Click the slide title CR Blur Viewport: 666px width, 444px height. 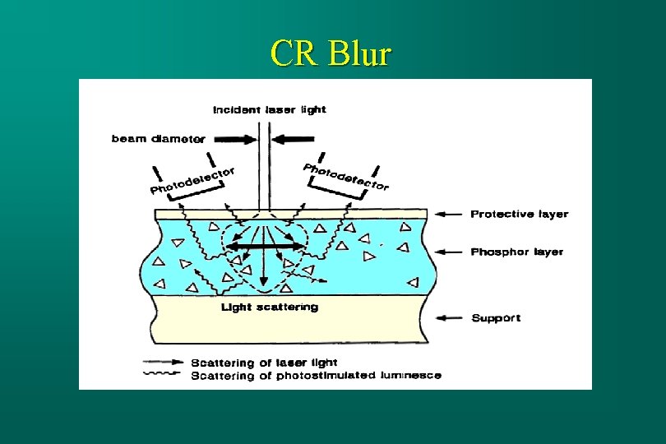click(331, 54)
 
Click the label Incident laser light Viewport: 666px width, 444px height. click(270, 109)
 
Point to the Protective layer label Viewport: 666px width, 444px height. click(519, 214)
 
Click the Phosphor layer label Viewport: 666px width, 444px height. click(516, 252)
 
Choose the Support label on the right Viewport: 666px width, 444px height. click(496, 317)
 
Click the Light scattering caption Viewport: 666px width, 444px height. click(270, 308)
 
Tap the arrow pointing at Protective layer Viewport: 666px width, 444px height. click(448, 214)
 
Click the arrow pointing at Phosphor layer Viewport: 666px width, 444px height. click(448, 252)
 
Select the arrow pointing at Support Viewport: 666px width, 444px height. click(448, 317)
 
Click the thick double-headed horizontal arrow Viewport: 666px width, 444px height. click(264, 245)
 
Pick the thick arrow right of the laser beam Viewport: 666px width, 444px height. click(297, 137)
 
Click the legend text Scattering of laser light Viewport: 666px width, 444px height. click(264, 363)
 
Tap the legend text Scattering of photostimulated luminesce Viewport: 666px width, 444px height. click(316, 375)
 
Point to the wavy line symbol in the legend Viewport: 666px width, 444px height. click(163, 374)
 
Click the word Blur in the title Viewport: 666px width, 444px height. click(358, 54)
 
